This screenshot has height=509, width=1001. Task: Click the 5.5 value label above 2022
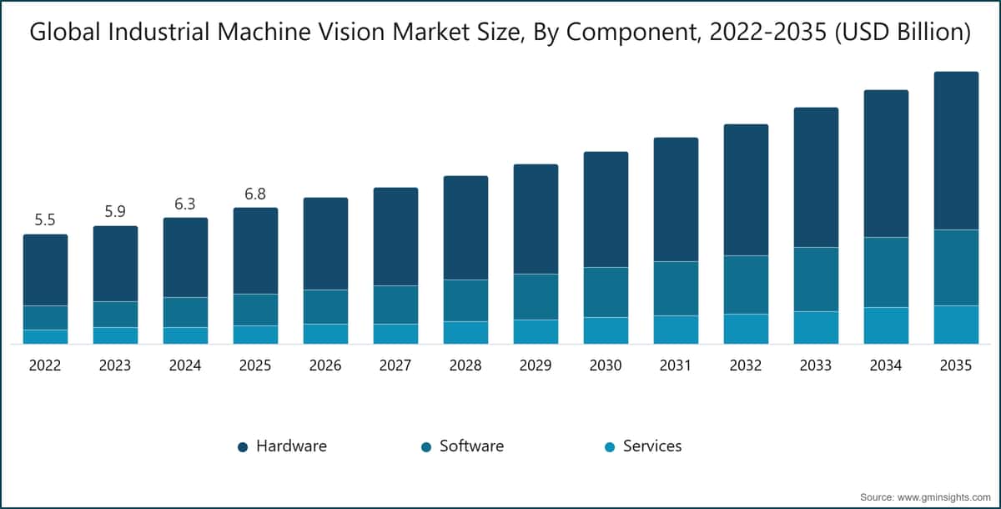tap(45, 220)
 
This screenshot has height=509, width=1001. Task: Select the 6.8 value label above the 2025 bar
tap(255, 194)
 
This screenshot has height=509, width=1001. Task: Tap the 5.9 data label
tap(115, 212)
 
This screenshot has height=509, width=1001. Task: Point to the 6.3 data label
tap(185, 204)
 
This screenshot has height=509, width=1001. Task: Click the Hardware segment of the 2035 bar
tap(956, 150)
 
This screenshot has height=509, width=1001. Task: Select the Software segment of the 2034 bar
tap(886, 272)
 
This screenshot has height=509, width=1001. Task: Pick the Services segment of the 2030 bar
tap(606, 330)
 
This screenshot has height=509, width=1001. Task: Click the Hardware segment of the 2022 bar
tap(45, 270)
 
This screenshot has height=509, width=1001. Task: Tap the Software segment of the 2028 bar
tap(465, 300)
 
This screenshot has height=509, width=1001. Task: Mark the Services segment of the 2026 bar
tap(325, 334)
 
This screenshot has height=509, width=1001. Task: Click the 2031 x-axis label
tap(676, 365)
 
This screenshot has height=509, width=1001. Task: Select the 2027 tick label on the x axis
tap(395, 365)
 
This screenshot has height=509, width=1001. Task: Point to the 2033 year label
tap(816, 365)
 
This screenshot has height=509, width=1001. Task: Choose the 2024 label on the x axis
tap(185, 365)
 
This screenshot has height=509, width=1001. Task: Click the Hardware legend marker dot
tap(243, 447)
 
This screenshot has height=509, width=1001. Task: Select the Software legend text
tap(471, 446)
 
